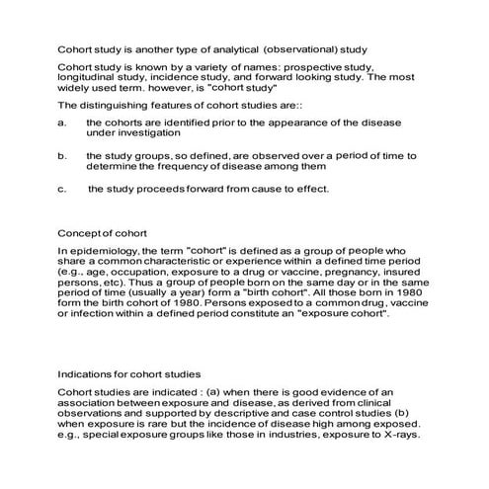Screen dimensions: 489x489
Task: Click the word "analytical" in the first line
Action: [233, 47]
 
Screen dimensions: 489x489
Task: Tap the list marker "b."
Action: [62, 156]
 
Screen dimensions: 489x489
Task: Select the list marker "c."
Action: [62, 190]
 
